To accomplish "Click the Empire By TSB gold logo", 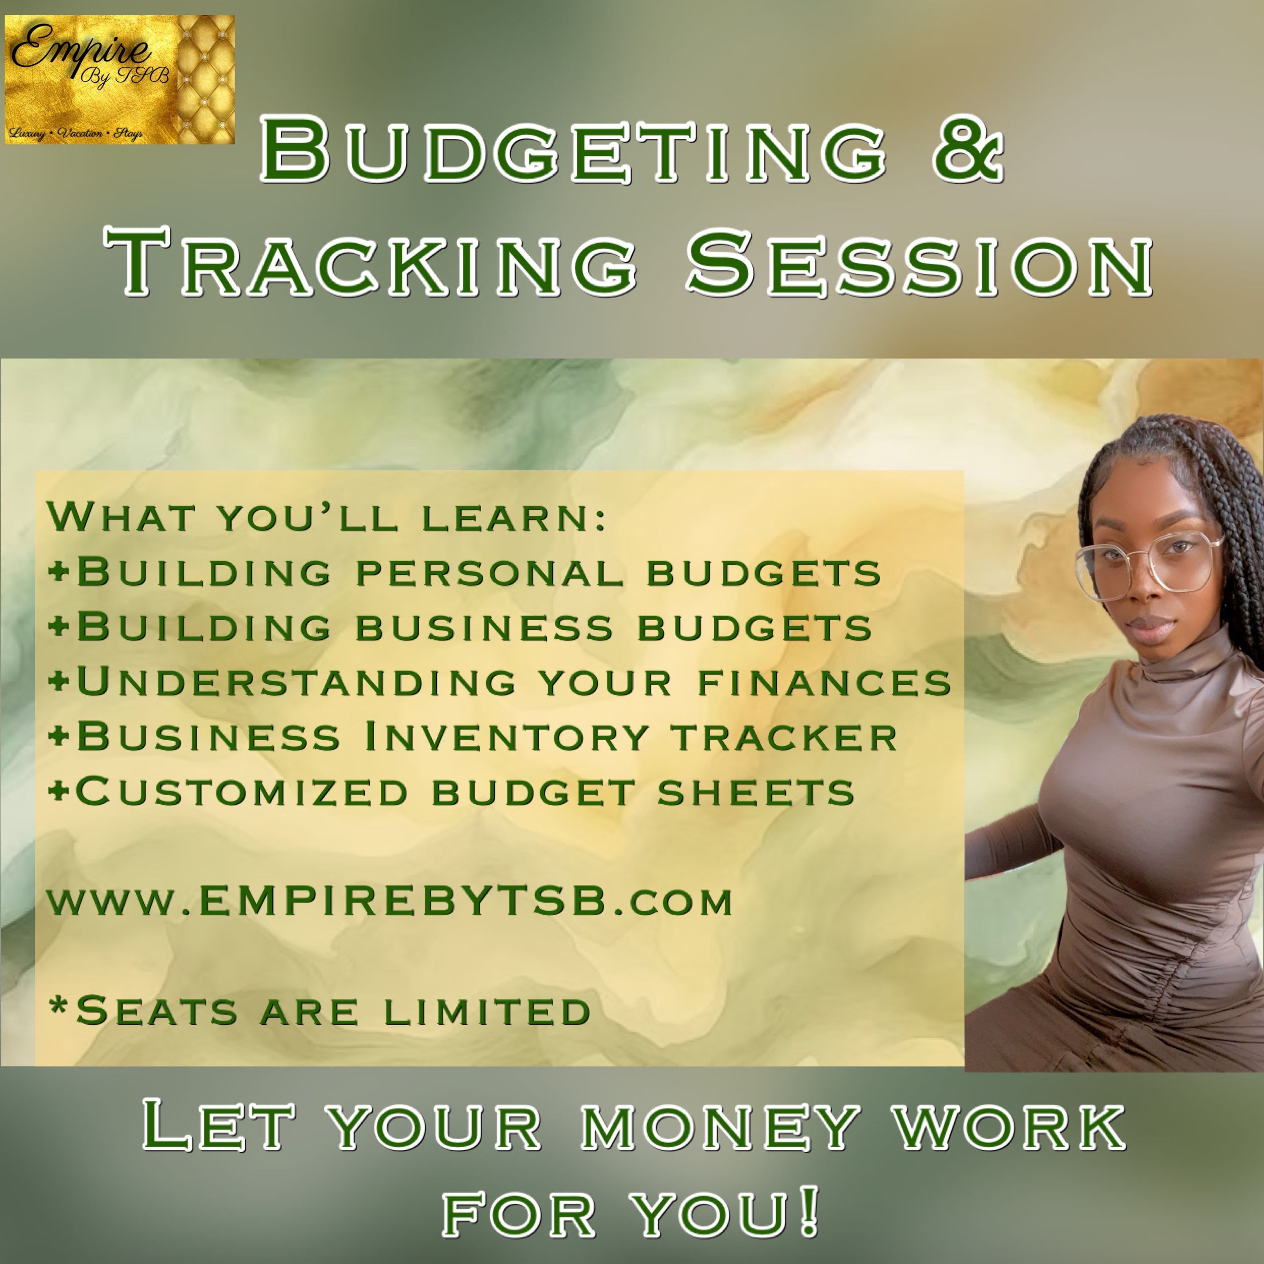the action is [x=120, y=79].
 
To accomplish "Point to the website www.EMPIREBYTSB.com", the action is [x=390, y=901].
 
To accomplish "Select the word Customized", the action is [x=243, y=792].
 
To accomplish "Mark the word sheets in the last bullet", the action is [x=756, y=792].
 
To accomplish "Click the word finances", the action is [x=825, y=682].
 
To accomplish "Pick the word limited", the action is [x=487, y=1012].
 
